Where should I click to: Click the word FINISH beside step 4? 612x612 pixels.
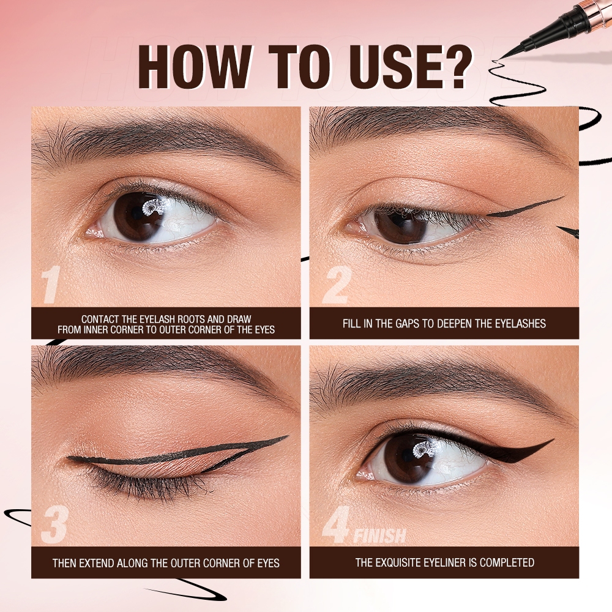379,537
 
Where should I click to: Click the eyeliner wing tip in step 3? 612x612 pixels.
286,437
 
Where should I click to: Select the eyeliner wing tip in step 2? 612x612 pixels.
562,198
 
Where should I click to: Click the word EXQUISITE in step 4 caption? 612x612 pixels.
401,562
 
